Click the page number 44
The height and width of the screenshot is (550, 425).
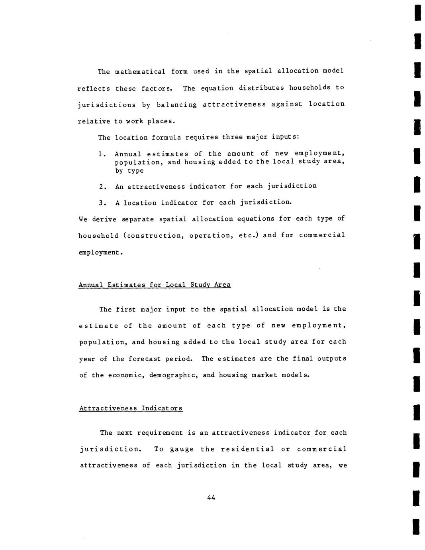(x=211, y=497)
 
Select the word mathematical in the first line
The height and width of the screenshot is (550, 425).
(x=140, y=72)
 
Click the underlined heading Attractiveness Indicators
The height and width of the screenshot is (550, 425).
(x=131, y=408)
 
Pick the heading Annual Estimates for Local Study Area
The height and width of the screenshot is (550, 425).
(x=155, y=285)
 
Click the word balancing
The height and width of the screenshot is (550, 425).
(x=176, y=105)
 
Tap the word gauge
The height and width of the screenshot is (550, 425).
(x=182, y=449)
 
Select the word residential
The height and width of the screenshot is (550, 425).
(x=247, y=449)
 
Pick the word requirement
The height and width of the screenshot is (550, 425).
(x=160, y=433)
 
